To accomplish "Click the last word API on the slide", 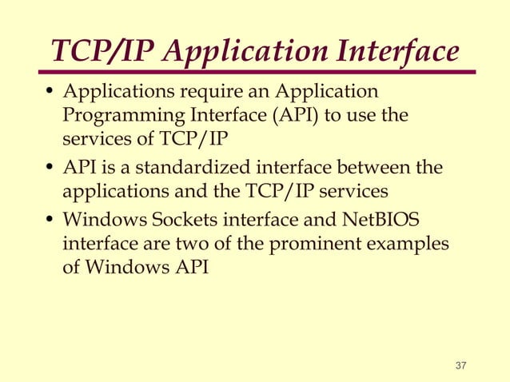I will pyautogui.click(x=189, y=266).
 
